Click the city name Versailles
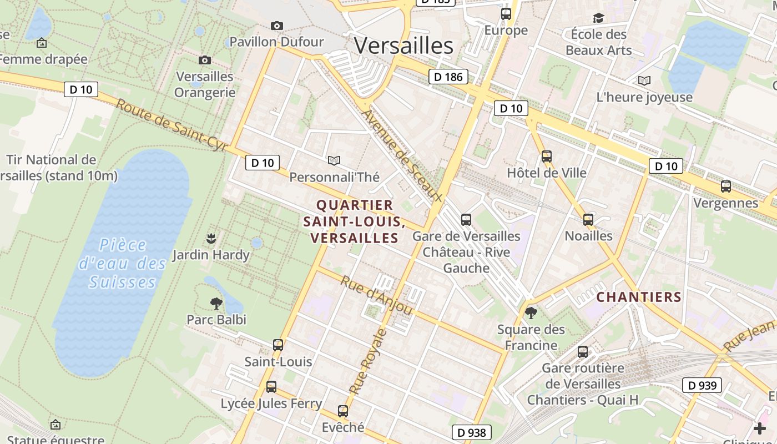tap(403, 46)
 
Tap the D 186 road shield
tap(448, 77)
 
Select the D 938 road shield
tap(472, 432)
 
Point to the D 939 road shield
tap(702, 385)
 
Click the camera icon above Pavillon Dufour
tap(276, 26)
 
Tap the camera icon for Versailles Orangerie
tap(204, 60)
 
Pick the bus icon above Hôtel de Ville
tap(547, 157)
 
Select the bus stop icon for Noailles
tap(588, 220)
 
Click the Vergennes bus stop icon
tap(725, 186)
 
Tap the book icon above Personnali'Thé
tap(334, 160)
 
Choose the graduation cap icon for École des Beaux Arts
tap(598, 18)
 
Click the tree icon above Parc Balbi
tap(216, 303)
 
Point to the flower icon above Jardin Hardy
tap(211, 239)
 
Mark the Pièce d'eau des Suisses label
tap(123, 264)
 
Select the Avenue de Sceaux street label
tap(402, 156)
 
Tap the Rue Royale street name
tap(367, 361)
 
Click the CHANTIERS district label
tap(639, 297)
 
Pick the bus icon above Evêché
tap(343, 411)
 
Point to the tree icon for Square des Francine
tap(531, 313)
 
